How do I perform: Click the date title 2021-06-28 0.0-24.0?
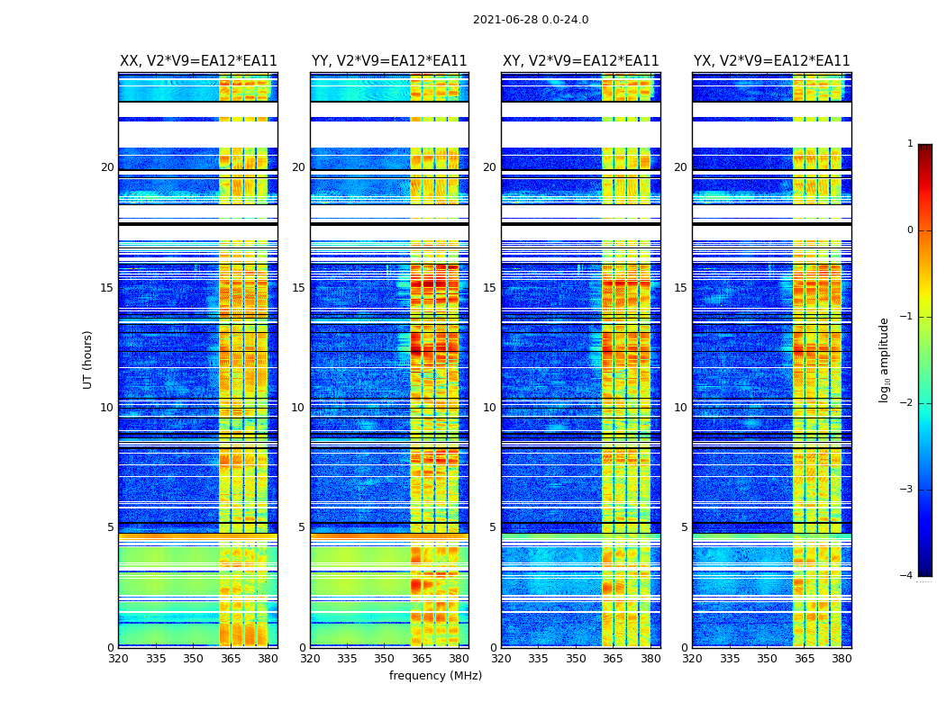[x=531, y=20]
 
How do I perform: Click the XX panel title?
[x=198, y=61]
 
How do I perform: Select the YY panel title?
[x=389, y=61]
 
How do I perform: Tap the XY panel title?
[x=580, y=61]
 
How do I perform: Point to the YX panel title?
[x=771, y=61]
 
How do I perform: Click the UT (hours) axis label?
[x=88, y=359]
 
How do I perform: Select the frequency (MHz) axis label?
[x=435, y=676]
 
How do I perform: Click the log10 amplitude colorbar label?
[x=885, y=359]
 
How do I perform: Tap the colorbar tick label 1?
[x=910, y=144]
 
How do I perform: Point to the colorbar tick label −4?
[x=908, y=576]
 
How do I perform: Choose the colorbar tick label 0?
[x=910, y=230]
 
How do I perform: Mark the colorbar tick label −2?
[x=908, y=403]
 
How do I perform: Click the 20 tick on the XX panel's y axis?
[x=107, y=167]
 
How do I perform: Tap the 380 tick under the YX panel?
[x=841, y=659]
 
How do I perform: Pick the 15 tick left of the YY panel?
[x=298, y=288]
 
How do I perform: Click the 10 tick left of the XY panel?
[x=489, y=408]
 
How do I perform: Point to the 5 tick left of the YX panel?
[x=684, y=527]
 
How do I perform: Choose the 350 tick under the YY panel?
[x=385, y=659]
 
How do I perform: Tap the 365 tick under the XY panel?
[x=613, y=659]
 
